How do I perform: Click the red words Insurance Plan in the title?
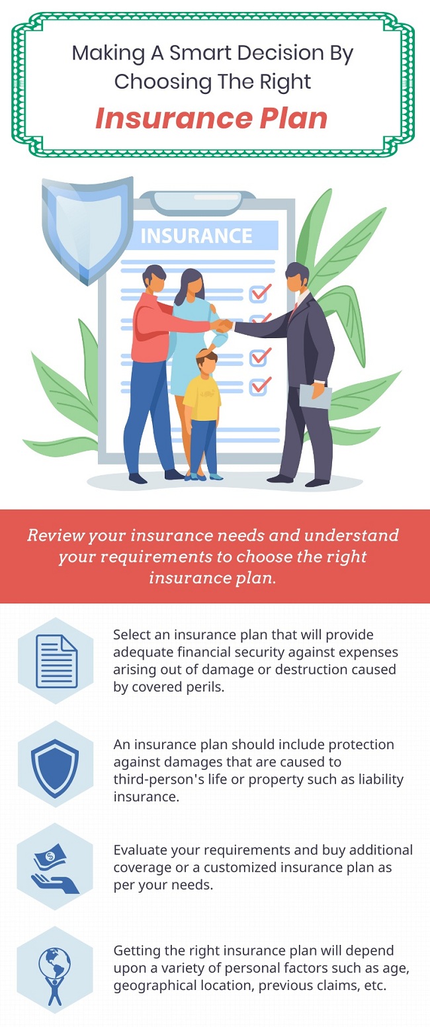point(211,118)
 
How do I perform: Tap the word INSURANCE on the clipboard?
point(196,236)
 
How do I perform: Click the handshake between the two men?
point(223,325)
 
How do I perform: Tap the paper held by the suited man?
point(315,396)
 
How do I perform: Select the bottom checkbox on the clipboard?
point(259,386)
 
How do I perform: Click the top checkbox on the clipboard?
point(259,292)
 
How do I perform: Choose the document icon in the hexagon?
point(56,660)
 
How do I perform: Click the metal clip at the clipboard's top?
point(198,202)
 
